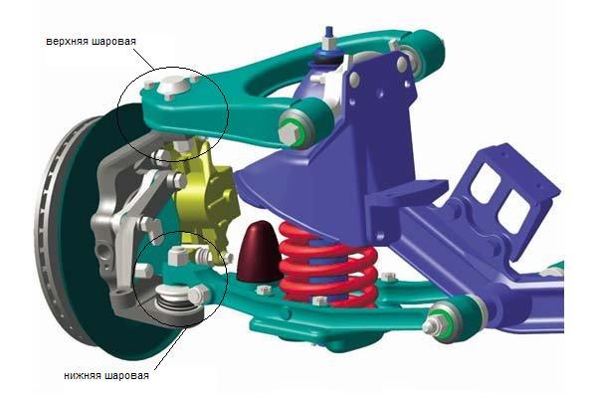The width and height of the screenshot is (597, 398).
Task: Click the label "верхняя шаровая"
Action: click(x=91, y=41)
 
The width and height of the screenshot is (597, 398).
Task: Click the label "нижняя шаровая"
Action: click(x=106, y=376)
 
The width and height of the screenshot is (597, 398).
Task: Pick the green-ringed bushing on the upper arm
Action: click(x=298, y=128)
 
